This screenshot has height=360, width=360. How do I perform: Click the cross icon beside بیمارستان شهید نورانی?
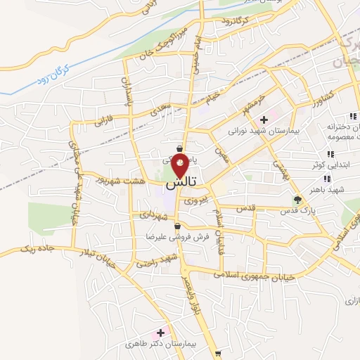coord(264,120)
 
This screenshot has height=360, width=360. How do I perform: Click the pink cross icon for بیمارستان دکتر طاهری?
coord(161,333)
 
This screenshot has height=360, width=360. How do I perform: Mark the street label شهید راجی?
coord(155,262)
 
